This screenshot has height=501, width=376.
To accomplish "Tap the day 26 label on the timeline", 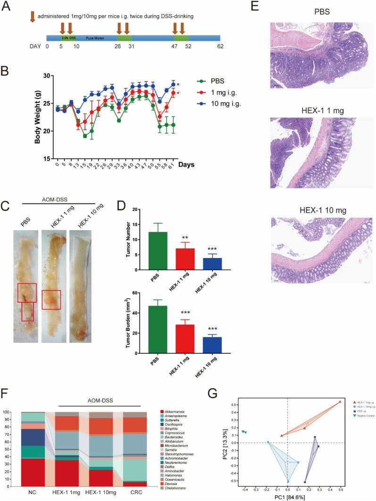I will (117, 47).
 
